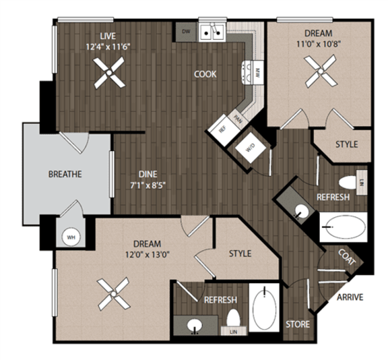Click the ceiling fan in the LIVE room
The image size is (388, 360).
[108, 73]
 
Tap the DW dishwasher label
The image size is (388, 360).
[186, 31]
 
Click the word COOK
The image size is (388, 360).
[205, 74]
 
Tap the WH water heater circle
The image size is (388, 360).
[70, 237]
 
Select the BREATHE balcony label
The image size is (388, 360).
[65, 174]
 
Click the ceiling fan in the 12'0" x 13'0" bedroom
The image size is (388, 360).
[112, 294]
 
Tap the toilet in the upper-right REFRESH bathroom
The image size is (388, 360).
[348, 182]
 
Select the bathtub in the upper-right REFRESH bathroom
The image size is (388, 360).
[342, 229]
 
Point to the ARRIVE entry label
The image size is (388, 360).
[350, 297]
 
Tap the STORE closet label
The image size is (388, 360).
[298, 324]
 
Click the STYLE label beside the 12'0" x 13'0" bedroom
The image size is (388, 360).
[240, 253]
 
